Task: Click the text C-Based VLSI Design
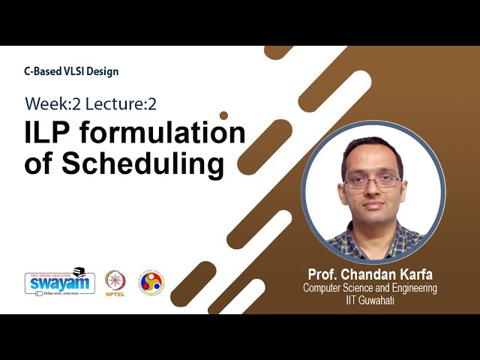71,71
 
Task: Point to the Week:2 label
52,103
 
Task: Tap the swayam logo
59,282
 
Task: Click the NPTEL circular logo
115,280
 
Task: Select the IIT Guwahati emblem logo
151,282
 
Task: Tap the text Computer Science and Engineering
370,288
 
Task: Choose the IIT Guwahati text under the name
370,300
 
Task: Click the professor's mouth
373,206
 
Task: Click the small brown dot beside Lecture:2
223,115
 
